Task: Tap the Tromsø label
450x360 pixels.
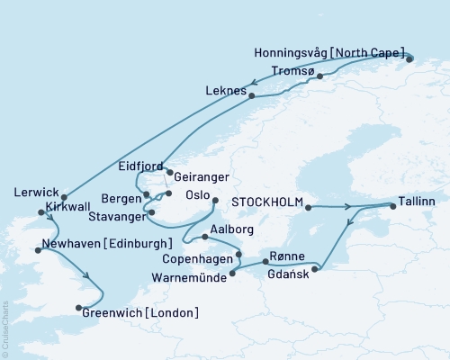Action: [292, 70]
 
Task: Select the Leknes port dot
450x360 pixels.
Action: [251, 95]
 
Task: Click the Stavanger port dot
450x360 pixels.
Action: [151, 212]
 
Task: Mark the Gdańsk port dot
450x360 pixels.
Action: [315, 268]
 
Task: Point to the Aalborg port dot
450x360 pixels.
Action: [206, 237]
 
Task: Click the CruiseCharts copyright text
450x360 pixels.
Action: [5, 325]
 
